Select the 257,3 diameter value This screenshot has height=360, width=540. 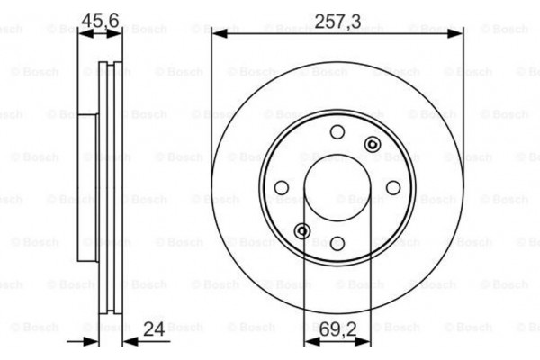pos(339,21)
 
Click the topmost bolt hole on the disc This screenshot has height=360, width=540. pos(337,132)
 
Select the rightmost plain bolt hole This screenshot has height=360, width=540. pos(392,187)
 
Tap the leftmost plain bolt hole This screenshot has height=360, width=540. pos(282,187)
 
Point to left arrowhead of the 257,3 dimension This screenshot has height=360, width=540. pos(217,34)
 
